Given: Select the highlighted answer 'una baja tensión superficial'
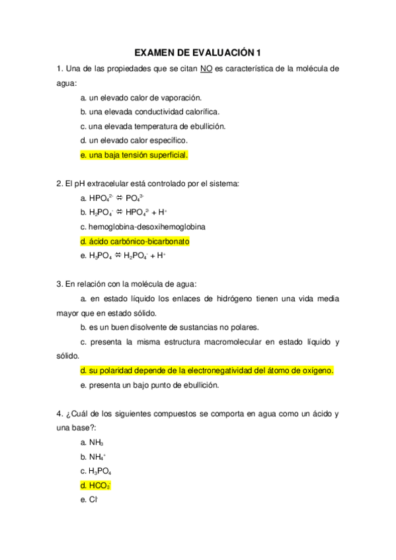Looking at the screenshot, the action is click(x=134, y=155).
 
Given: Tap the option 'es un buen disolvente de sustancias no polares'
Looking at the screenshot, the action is click(x=169, y=328).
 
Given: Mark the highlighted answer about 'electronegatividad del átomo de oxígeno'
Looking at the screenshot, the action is click(x=206, y=371).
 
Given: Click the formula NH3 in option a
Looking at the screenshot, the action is click(x=95, y=442).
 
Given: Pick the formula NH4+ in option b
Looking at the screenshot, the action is click(x=97, y=457).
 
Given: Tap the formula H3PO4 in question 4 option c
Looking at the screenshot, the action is click(x=99, y=472).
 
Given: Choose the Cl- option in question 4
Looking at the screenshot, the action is click(x=93, y=501).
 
